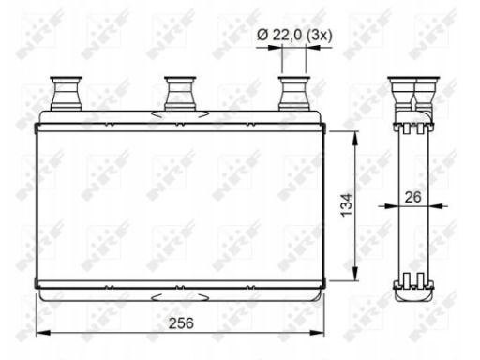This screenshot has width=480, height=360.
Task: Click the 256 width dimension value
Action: (x=181, y=323)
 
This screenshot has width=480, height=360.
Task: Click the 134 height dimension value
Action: (x=346, y=205)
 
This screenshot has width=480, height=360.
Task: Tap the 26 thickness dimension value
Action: (x=412, y=197)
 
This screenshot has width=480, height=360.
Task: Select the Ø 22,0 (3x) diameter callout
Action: (x=294, y=35)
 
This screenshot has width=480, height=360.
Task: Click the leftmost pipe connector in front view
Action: (x=66, y=93)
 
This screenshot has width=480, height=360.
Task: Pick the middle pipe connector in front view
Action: (x=180, y=93)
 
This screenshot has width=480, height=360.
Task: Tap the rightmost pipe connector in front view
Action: (x=294, y=93)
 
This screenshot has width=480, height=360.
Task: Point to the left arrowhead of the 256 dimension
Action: (x=43, y=333)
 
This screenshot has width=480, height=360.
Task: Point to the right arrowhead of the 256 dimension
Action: (x=318, y=333)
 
